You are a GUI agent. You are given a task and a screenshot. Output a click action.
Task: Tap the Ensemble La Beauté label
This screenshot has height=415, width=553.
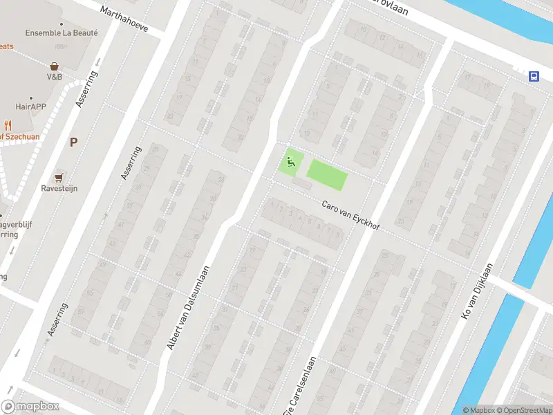[62, 33]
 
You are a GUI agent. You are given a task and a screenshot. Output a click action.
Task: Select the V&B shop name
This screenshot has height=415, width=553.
[55, 77]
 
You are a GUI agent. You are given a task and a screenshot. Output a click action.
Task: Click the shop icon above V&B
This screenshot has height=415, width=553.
[54, 66]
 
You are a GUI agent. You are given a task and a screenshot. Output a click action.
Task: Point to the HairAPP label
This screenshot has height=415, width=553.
[30, 107]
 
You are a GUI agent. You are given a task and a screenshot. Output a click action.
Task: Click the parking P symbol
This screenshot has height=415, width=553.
[73, 142]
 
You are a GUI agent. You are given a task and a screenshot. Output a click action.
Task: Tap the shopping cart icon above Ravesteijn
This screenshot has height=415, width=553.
[60, 177]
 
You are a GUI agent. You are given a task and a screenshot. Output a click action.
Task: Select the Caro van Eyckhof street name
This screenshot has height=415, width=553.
[350, 215]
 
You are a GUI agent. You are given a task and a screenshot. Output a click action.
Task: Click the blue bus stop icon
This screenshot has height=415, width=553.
[534, 76]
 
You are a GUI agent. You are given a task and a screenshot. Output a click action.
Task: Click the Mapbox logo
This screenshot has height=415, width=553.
[30, 407]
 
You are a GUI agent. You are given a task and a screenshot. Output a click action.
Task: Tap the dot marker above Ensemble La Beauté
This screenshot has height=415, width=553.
[62, 22]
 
